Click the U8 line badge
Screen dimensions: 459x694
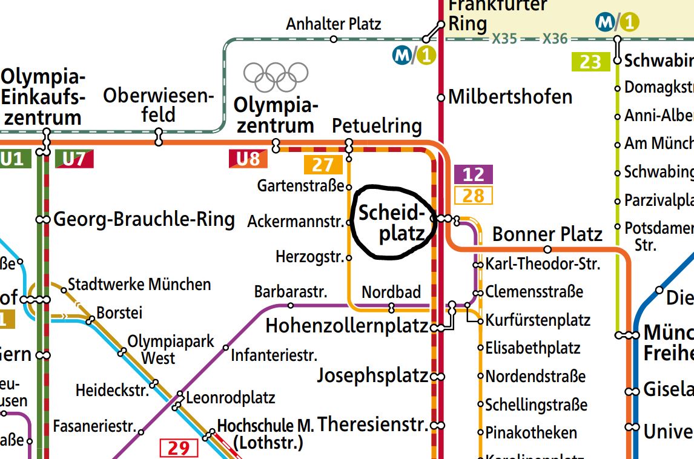248,159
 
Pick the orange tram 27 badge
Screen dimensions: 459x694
323,165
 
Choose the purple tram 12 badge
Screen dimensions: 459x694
473,174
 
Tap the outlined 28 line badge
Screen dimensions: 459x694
473,195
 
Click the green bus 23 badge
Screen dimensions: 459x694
590,62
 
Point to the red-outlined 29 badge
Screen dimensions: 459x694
179,448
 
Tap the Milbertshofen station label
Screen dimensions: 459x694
511,97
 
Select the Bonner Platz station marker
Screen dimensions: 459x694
547,249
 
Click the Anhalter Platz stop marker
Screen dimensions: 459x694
334,39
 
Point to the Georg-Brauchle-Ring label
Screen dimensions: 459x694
144,219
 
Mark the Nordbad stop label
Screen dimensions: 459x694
391,292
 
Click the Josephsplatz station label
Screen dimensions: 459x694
372,376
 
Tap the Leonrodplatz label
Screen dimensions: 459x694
231,398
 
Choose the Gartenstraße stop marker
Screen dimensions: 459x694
349,186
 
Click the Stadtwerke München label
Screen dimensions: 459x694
139,284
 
